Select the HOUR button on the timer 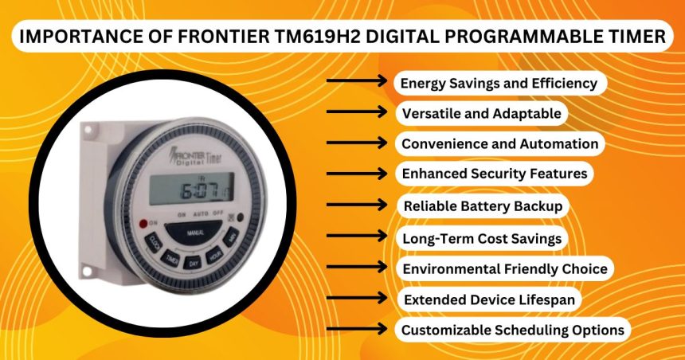pos(213,256)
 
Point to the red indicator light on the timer pos(143,223)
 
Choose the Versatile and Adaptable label pos(481,113)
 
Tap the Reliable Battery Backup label pos(483,206)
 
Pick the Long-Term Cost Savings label pos(482,237)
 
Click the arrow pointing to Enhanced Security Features pos(358,174)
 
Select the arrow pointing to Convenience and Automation pos(358,144)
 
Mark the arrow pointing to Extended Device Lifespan pos(358,299)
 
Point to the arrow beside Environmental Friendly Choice pos(358,268)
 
